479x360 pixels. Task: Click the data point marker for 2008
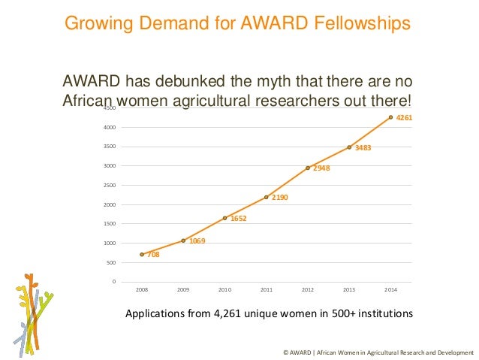pos(142,254)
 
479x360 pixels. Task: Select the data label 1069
pos(197,241)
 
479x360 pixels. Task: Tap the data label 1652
pos(239,219)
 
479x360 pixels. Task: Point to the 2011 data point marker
pos(267,197)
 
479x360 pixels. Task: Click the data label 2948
pos(321,168)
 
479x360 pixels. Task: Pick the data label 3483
pos(363,147)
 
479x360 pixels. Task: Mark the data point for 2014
pos(390,117)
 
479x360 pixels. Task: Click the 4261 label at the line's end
pos(405,118)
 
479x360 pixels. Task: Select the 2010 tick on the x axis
pos(224,289)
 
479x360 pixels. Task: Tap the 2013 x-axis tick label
pos(349,289)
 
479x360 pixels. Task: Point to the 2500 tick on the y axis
pos(110,185)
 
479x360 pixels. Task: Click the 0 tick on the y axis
pos(113,282)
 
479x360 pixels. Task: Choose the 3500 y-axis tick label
pos(110,147)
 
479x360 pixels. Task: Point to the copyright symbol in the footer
pos(285,352)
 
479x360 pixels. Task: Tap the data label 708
pos(153,255)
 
